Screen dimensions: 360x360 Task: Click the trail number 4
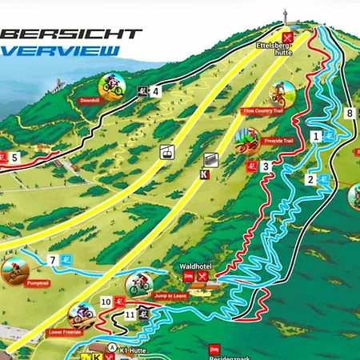[x=155, y=91]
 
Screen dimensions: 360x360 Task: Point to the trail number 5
[x=14, y=157]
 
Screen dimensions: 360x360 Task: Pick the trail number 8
[x=350, y=113]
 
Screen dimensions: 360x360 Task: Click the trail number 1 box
[x=317, y=137]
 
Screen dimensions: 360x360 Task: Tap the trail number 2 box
[x=310, y=179]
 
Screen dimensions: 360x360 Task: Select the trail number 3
[x=265, y=166]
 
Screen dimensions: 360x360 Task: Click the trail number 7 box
[x=53, y=260]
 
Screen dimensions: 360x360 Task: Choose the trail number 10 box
[x=106, y=302]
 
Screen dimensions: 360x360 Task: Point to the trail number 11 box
[x=130, y=314]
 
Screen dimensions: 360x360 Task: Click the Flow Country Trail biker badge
[x=279, y=94]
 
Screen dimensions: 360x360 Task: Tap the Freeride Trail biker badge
[x=249, y=141]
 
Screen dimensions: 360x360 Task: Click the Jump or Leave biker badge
[x=138, y=284]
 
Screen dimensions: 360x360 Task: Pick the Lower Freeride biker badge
[x=80, y=314]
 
